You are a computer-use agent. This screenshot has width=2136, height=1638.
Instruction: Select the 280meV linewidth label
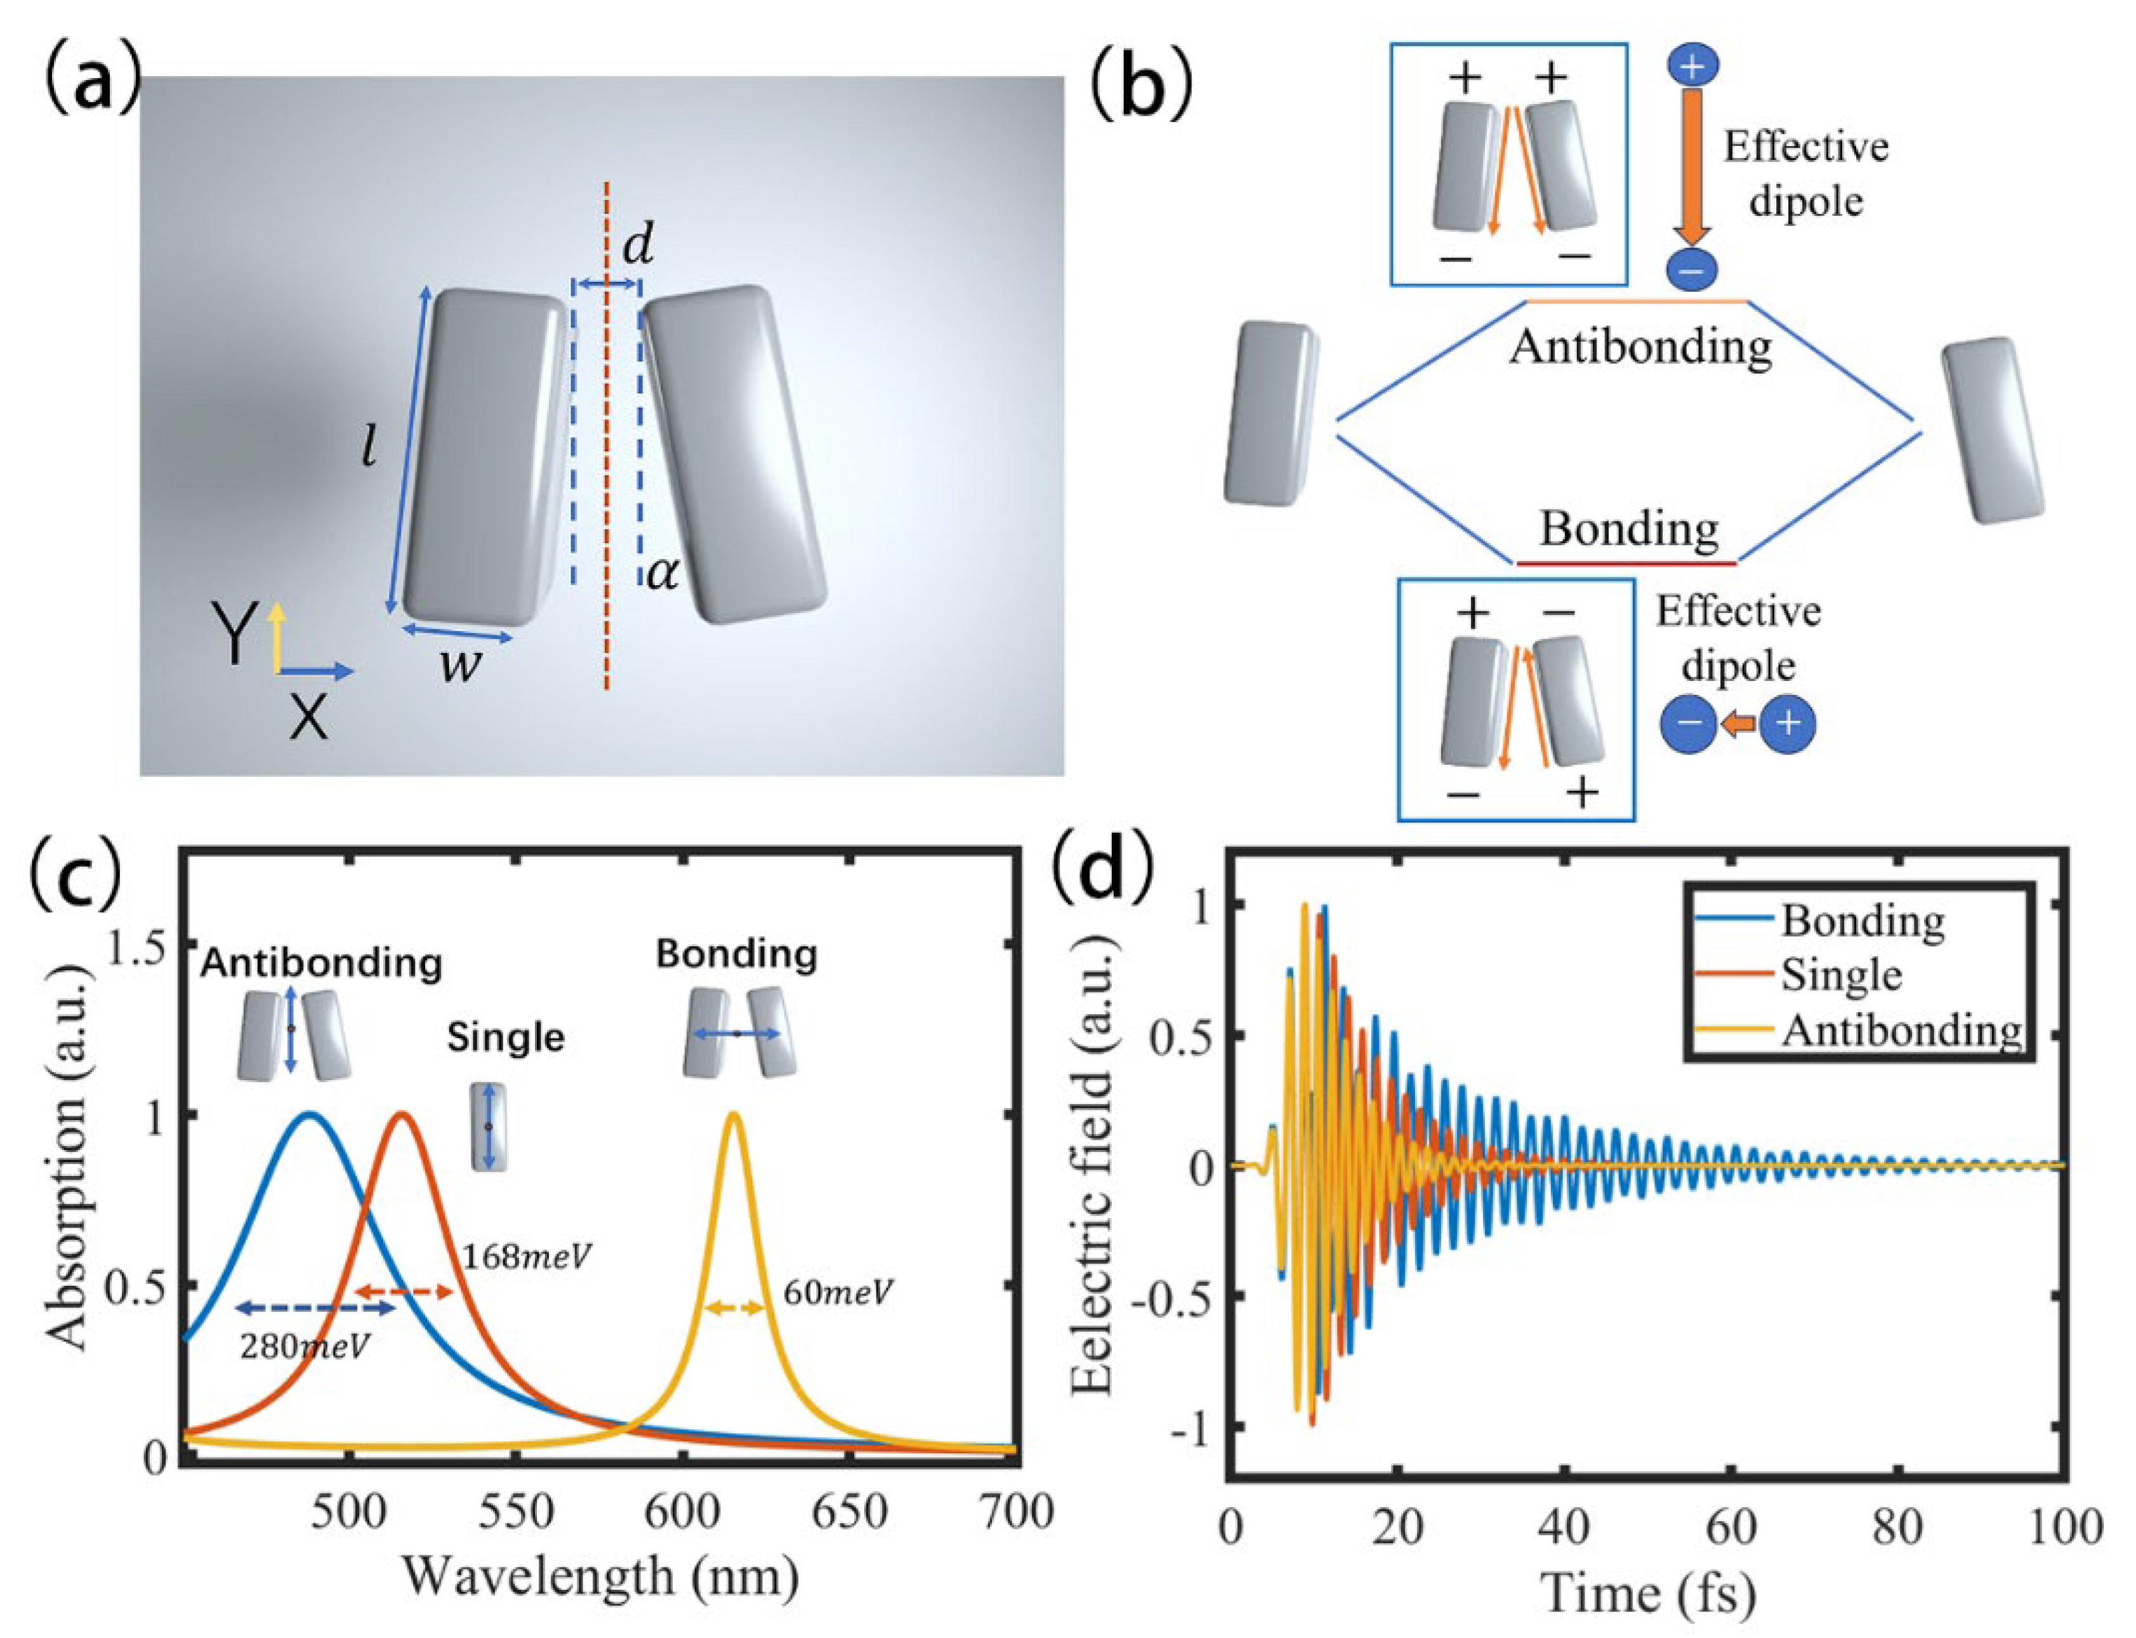point(305,1347)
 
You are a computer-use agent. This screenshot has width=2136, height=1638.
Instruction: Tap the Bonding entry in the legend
point(1862,920)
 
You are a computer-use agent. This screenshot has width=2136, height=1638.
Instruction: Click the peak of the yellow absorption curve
point(733,1114)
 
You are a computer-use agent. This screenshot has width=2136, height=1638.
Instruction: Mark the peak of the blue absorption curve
point(310,1114)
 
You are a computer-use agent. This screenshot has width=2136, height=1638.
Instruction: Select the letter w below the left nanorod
point(458,666)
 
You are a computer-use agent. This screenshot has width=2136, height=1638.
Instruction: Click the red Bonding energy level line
point(1625,562)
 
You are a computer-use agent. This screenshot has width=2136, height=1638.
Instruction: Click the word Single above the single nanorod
point(505,1036)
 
